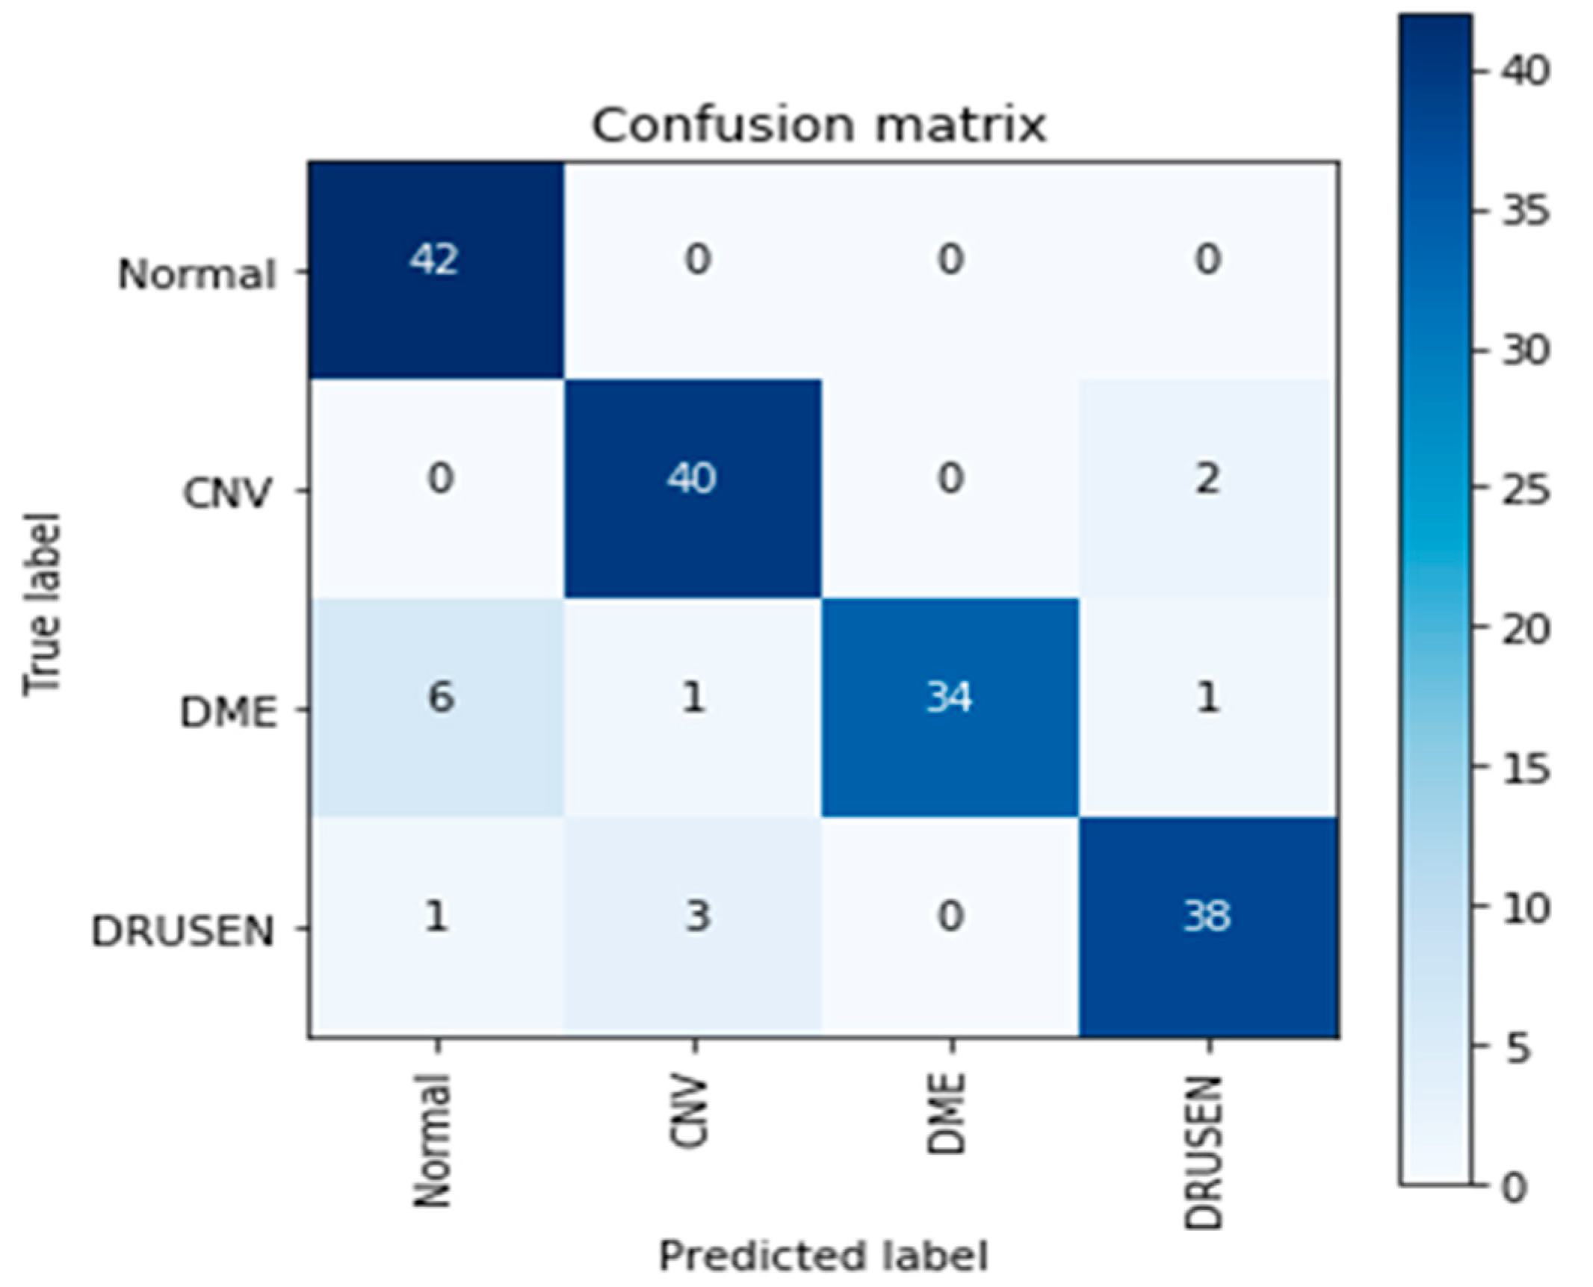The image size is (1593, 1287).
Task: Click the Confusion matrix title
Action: (x=819, y=125)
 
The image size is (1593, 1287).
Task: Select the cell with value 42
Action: (x=436, y=269)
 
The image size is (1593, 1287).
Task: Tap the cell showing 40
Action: (x=692, y=488)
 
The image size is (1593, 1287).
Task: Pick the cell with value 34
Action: (x=950, y=707)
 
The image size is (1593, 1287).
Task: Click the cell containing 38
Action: (x=1207, y=926)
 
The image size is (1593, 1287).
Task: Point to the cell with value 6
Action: (x=436, y=707)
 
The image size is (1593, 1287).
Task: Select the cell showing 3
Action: (x=692, y=926)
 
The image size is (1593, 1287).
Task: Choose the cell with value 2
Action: (x=1207, y=488)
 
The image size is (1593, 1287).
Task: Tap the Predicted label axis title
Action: (x=823, y=1255)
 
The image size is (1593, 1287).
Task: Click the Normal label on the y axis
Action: (x=197, y=274)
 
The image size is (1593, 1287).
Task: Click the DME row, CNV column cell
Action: (x=692, y=707)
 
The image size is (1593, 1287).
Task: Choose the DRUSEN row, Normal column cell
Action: (x=436, y=926)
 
